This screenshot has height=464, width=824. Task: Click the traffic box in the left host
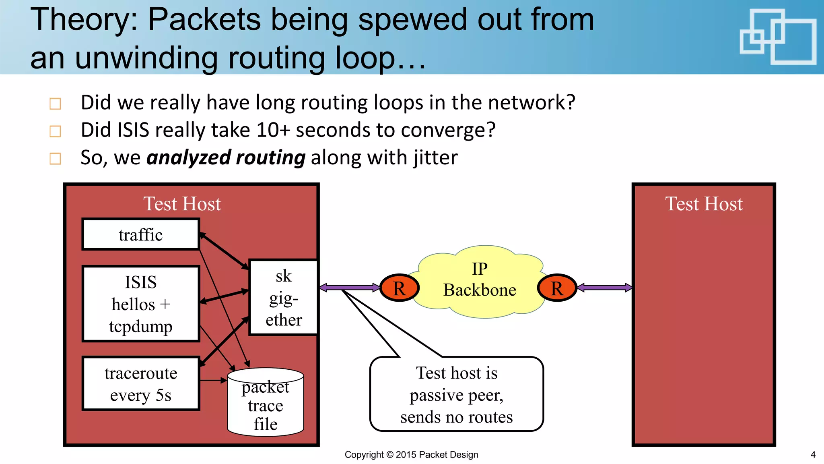140,234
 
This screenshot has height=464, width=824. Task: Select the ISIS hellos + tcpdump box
140,304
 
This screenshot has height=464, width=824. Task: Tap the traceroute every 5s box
140,383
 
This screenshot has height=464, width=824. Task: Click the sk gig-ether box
284,298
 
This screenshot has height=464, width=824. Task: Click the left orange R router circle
400,288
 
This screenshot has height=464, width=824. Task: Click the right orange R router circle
557,288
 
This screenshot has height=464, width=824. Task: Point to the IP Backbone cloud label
480,280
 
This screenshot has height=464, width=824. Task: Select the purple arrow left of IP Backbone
350,288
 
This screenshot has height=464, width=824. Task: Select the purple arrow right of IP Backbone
605,288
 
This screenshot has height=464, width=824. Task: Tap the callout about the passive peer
456,395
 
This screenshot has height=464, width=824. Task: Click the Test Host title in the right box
703,204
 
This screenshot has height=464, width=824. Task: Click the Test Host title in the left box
182,204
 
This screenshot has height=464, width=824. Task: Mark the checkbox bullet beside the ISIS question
55,131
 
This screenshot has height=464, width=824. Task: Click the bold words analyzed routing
226,157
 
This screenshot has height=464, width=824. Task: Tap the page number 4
813,455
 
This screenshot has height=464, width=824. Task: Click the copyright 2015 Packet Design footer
411,455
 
